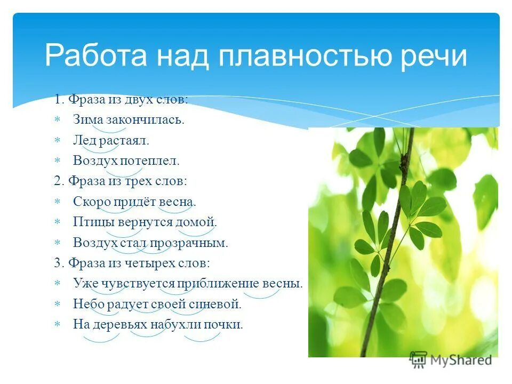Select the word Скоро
tap(91, 202)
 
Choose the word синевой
tap(221, 305)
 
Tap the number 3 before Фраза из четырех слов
tap(57, 263)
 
